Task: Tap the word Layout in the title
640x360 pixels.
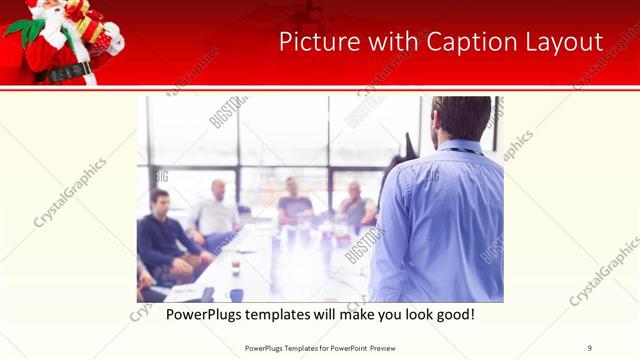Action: (x=563, y=42)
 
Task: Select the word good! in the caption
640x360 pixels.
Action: (x=450, y=314)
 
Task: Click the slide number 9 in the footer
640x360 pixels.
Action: (x=590, y=348)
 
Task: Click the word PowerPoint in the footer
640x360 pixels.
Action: (x=339, y=348)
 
